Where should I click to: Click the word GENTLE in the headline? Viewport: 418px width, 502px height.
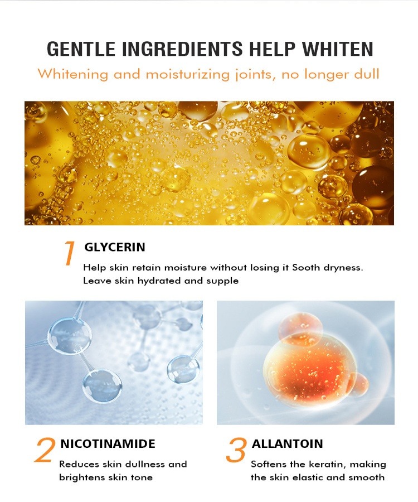pyautogui.click(x=81, y=49)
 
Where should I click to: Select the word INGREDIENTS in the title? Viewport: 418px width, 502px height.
pyautogui.click(x=182, y=49)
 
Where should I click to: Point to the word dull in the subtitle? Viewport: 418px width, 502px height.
pyautogui.click(x=366, y=74)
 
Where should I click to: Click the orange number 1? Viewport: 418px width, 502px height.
pyautogui.click(x=69, y=253)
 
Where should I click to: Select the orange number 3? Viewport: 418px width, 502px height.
pyautogui.click(x=236, y=450)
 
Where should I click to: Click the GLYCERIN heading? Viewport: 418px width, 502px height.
pyautogui.click(x=114, y=247)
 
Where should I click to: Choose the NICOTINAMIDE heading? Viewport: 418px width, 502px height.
pyautogui.click(x=108, y=444)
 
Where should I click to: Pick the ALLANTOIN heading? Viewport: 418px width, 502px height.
pyautogui.click(x=287, y=444)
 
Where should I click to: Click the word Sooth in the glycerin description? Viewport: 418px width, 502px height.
pyautogui.click(x=306, y=267)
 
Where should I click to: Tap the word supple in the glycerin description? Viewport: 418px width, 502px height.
pyautogui.click(x=222, y=282)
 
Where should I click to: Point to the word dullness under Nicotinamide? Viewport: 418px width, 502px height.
pyautogui.click(x=145, y=464)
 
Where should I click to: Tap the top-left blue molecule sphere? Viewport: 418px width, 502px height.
pyautogui.click(x=70, y=335)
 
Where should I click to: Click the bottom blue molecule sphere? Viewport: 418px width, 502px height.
pyautogui.click(x=102, y=387)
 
